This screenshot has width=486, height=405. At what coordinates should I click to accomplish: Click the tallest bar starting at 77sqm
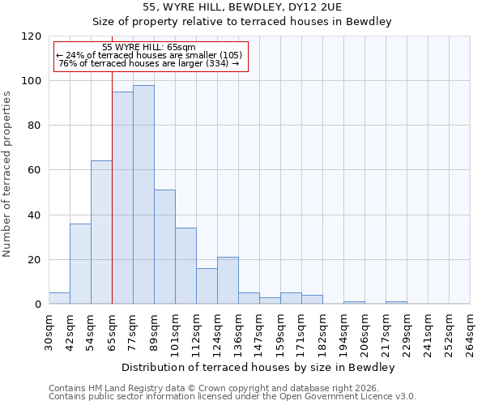(143, 194)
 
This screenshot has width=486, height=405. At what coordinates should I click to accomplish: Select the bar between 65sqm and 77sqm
(122, 198)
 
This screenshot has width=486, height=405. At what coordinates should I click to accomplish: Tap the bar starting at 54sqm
(101, 232)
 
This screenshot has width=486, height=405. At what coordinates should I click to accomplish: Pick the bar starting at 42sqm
(80, 264)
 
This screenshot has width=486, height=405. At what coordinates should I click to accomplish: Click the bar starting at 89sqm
(164, 247)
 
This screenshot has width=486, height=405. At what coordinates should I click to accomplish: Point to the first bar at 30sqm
(59, 298)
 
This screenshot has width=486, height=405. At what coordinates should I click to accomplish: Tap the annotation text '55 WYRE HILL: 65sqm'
(149, 48)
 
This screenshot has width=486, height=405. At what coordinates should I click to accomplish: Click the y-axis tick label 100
(32, 81)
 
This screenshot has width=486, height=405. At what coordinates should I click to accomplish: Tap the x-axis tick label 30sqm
(49, 329)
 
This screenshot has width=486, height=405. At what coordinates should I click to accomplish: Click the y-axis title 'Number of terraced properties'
(7, 174)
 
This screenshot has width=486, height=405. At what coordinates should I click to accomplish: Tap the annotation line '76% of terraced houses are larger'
(149, 63)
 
